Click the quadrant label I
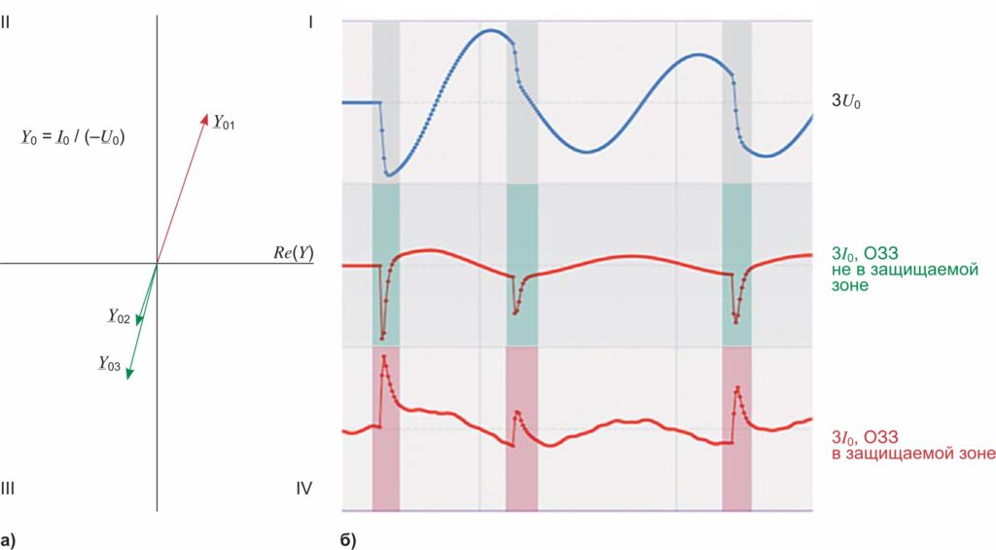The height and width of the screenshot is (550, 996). tap(310, 20)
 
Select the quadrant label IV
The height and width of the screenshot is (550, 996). tap(304, 488)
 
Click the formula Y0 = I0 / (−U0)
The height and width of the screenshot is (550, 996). tap(73, 138)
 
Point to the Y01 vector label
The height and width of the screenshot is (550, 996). tap(224, 123)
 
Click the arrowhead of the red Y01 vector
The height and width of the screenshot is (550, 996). tap(205, 116)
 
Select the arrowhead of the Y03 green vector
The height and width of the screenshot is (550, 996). tap(128, 374)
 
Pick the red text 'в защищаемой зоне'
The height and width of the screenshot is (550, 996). tap(912, 453)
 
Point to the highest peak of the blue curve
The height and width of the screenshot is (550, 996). tap(491, 30)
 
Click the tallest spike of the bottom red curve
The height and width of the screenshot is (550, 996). tap(384, 356)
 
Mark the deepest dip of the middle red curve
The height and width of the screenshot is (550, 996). tap(382, 338)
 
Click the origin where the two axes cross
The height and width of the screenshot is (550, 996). tap(157, 263)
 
